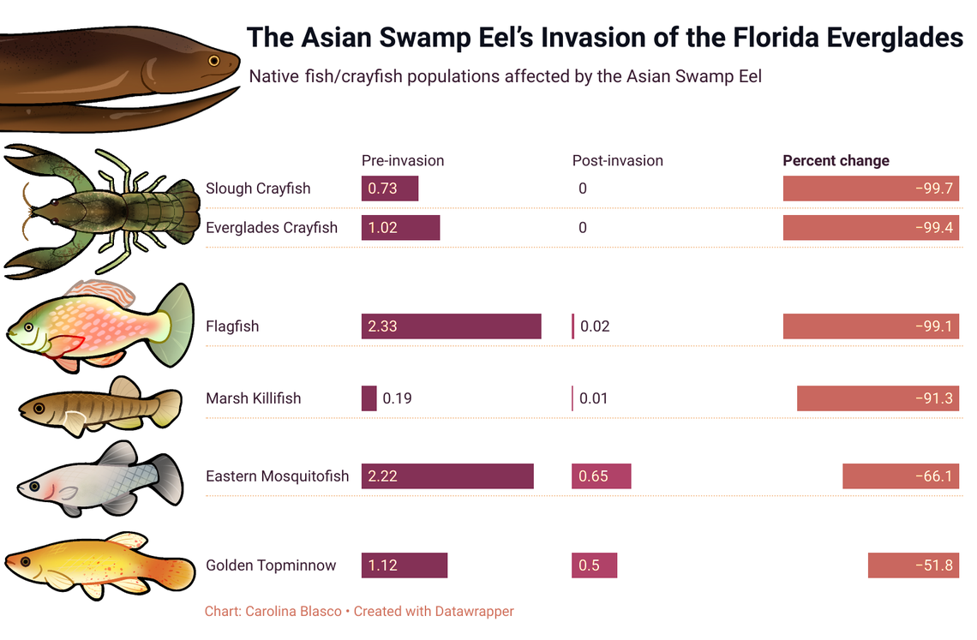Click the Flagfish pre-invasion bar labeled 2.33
point(451,326)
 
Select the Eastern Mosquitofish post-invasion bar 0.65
point(601,476)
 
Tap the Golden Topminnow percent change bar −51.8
point(913,565)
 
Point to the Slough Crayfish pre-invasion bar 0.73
point(390,188)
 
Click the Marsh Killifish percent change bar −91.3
point(878,398)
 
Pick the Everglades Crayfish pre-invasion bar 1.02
point(400,228)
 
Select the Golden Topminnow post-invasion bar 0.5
point(594,565)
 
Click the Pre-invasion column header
point(403,160)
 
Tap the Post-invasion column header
point(617,160)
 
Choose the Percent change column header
point(836,160)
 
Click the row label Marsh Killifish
point(253,398)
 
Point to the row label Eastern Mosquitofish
point(277,476)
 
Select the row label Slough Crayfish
point(258,188)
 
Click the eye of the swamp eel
point(213,60)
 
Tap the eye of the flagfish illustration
point(29,327)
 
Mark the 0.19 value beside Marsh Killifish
point(396,398)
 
